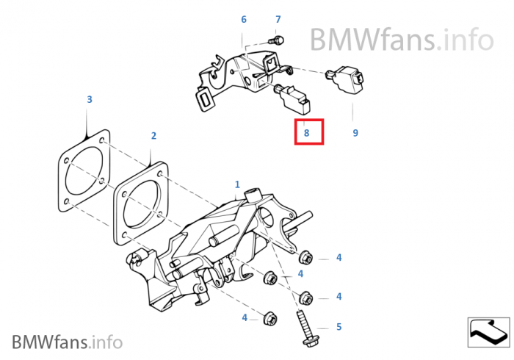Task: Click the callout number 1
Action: point(237,184)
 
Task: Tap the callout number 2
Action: point(153,136)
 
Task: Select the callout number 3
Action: point(90,99)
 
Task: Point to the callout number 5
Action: point(339,327)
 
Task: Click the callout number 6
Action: point(244,19)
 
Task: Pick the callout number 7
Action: point(278,19)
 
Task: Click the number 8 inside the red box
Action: point(307,134)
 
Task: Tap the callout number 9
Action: point(355,133)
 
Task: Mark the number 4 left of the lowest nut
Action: point(245,317)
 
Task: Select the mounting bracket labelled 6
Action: point(235,73)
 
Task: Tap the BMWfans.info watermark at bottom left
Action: point(67,342)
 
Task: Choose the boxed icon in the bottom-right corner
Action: point(488,332)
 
